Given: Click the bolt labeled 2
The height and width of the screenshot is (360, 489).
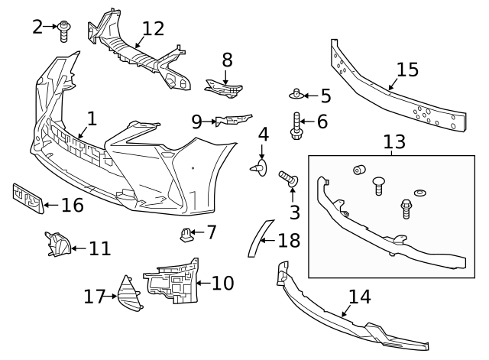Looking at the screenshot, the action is [64, 31].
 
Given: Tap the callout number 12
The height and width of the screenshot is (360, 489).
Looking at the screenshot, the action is [153, 29].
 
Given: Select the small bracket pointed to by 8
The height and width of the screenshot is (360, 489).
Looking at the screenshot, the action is [224, 89].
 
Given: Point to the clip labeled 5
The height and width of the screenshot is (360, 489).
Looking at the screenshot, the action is [296, 94].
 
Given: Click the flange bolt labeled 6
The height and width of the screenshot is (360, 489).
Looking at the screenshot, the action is [296, 126].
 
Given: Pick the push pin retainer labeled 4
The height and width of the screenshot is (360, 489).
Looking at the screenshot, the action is [260, 168].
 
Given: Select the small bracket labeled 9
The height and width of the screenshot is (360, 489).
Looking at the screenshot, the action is [233, 119].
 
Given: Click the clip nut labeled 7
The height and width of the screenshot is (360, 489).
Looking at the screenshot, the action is [186, 235].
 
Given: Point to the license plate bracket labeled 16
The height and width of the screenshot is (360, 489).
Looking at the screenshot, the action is [28, 199].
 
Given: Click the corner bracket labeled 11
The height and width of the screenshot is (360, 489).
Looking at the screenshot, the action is [57, 245].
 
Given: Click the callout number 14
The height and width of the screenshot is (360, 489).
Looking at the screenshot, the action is [360, 297].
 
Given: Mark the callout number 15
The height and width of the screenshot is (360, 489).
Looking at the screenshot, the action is [407, 70].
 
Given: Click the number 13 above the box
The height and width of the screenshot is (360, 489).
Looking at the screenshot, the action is [394, 141].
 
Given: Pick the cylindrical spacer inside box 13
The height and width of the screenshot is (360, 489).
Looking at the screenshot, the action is [359, 170].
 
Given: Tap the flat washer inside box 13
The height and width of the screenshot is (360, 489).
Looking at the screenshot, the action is [420, 193].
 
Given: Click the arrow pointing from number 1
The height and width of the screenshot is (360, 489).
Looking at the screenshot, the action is [83, 132].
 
